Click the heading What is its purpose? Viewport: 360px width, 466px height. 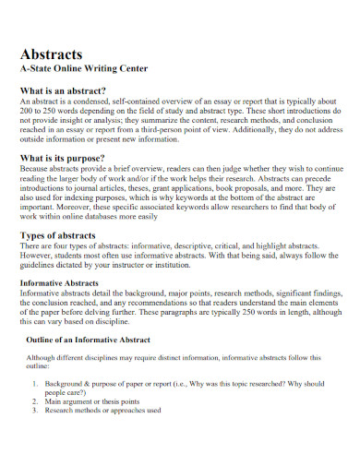[x=66, y=158]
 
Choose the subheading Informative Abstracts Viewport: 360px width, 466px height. [x=64, y=281]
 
